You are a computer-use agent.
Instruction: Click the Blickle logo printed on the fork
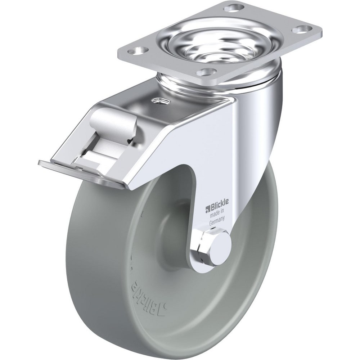[215, 208]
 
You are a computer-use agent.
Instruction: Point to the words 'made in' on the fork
[216, 216]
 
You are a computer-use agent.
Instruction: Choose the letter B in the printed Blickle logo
[211, 208]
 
